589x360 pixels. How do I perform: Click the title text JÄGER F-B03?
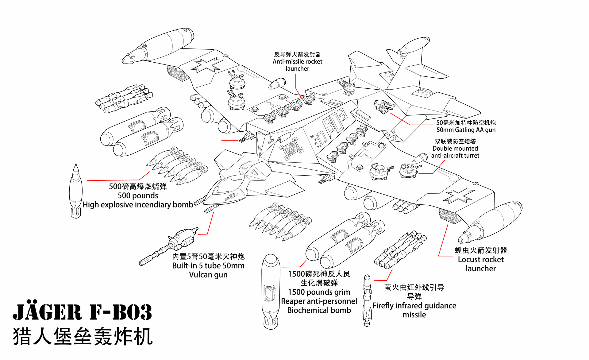(82, 312)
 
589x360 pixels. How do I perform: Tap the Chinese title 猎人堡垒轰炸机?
(83, 336)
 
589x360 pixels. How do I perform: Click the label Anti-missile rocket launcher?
(297, 62)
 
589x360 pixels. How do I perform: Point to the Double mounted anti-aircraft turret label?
(455, 149)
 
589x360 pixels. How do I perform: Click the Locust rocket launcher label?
(480, 260)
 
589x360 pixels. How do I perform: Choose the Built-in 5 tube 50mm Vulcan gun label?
(208, 265)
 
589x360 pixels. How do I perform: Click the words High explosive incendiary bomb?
(138, 205)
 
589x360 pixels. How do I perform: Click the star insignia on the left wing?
(207, 65)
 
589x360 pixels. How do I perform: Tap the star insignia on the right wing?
(459, 196)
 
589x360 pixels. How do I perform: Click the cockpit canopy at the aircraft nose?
(227, 187)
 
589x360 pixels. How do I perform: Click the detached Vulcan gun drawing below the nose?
(169, 245)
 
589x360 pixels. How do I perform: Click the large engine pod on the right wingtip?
(491, 223)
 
